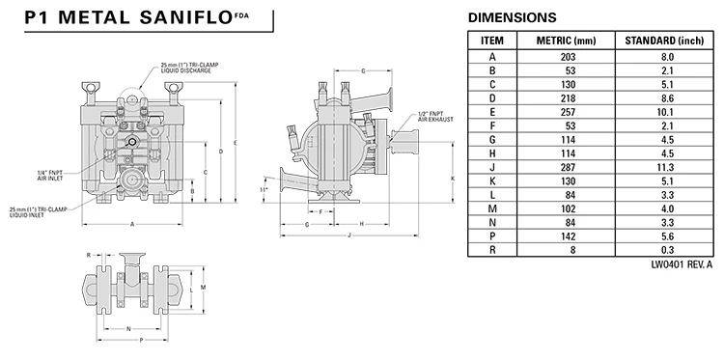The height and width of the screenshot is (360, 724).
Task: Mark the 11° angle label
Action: (x=264, y=189)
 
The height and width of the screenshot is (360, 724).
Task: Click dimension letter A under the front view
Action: (x=132, y=224)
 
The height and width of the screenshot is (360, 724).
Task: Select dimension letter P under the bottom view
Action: (x=141, y=340)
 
